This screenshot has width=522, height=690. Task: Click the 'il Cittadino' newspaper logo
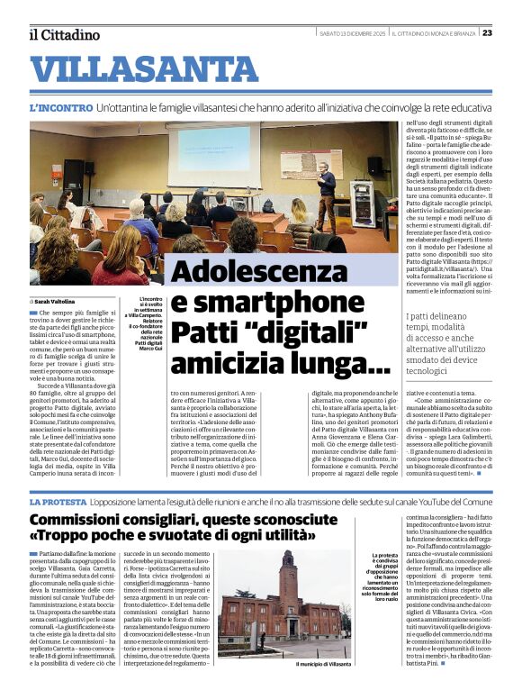click(x=63, y=34)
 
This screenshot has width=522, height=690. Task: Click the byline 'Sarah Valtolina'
click(x=57, y=301)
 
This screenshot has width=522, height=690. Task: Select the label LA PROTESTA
click(x=58, y=500)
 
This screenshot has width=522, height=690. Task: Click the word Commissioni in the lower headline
click(x=88, y=520)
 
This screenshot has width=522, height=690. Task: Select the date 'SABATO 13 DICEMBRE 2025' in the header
click(x=351, y=33)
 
